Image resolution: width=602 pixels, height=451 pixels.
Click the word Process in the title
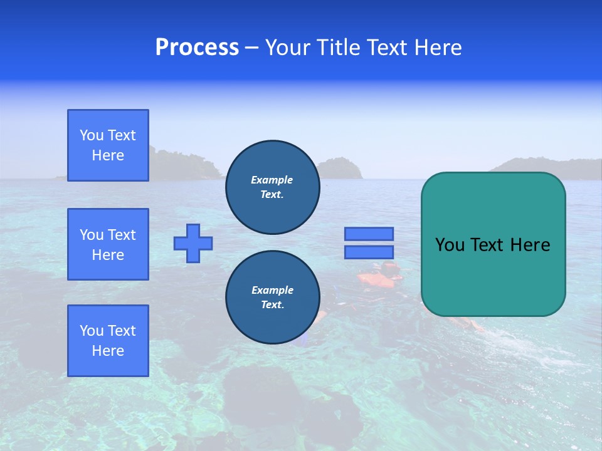coord(197,48)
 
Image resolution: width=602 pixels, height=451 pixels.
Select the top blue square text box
coord(108,145)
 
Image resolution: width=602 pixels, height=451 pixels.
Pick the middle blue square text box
coord(108,244)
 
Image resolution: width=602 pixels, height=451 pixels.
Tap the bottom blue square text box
coord(108,340)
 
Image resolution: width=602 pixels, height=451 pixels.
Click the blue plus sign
coord(193,243)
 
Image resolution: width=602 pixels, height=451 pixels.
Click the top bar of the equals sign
coord(369,234)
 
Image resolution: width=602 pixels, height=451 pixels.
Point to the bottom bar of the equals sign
coord(369,252)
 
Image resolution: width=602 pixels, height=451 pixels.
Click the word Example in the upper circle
coord(272,180)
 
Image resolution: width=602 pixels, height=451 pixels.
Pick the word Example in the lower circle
coord(272,290)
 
